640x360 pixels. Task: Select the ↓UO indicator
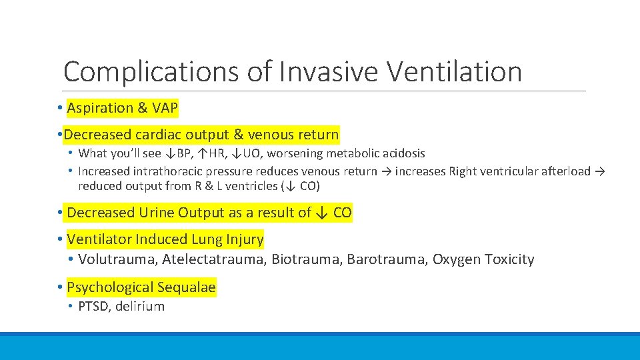pyautogui.click(x=246, y=153)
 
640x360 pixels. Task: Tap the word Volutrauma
pyautogui.click(x=117, y=259)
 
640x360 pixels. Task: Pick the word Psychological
pyautogui.click(x=111, y=287)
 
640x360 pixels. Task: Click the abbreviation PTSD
pyautogui.click(x=93, y=307)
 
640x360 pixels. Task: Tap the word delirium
pyautogui.click(x=140, y=307)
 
